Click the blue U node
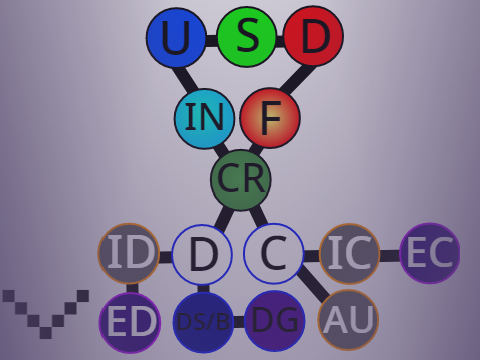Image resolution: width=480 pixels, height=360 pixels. [x=176, y=37]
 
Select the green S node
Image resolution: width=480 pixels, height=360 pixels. [x=247, y=37]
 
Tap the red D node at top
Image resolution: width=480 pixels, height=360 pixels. [x=313, y=36]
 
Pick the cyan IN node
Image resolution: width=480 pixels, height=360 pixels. [x=204, y=118]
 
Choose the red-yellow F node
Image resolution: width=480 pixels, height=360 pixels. [x=270, y=118]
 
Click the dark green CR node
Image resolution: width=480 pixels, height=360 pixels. [x=241, y=180]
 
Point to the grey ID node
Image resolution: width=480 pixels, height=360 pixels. [x=129, y=253]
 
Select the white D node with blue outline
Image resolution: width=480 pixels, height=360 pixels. [x=202, y=255]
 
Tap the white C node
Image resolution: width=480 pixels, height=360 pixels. [x=274, y=253]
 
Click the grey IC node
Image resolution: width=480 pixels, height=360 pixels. [x=350, y=254]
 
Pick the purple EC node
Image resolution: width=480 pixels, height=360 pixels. [x=430, y=253]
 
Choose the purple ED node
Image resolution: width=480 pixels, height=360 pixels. [x=130, y=322]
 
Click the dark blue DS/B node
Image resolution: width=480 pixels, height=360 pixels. [x=203, y=322]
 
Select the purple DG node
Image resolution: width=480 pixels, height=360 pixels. [x=275, y=321]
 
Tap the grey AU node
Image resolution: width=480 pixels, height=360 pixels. [x=348, y=320]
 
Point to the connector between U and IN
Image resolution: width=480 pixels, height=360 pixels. [x=187, y=79]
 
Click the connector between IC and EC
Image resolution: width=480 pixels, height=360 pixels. [x=390, y=256]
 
